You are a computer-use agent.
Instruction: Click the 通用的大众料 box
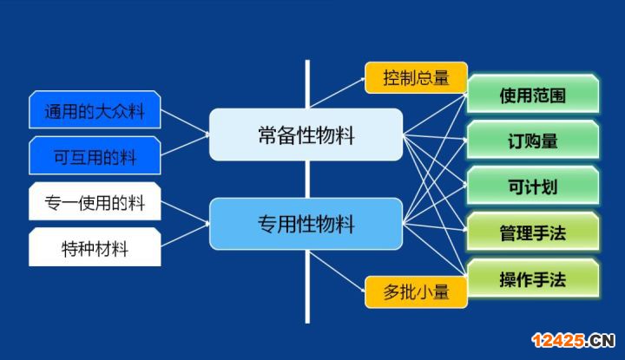coord(95,110)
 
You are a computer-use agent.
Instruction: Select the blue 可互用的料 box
coord(95,155)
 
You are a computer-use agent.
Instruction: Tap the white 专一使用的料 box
coord(95,201)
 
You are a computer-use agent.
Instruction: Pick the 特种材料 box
coord(95,247)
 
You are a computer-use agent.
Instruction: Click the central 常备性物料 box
coord(306,134)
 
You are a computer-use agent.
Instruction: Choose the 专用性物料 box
coord(306,224)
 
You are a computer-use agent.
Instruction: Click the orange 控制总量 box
coord(416,78)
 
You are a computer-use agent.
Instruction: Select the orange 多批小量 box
coord(416,291)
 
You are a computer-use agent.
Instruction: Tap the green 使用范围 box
coord(533,94)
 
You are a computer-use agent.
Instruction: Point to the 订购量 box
coord(533,141)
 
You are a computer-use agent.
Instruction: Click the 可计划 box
coord(533,186)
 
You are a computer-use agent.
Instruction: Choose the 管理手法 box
coord(533,232)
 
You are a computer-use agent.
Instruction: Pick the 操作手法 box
coord(533,278)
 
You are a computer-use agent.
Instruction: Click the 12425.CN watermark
coord(573,341)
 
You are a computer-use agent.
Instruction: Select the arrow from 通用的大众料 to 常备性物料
coord(186,122)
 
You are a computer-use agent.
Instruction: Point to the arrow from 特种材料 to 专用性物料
coord(186,235)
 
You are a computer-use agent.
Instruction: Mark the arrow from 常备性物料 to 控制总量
coord(338,93)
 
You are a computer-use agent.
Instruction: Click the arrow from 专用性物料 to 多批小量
coord(338,272)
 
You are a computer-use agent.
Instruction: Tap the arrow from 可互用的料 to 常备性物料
coord(186,145)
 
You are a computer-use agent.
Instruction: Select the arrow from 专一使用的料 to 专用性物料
coord(186,213)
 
